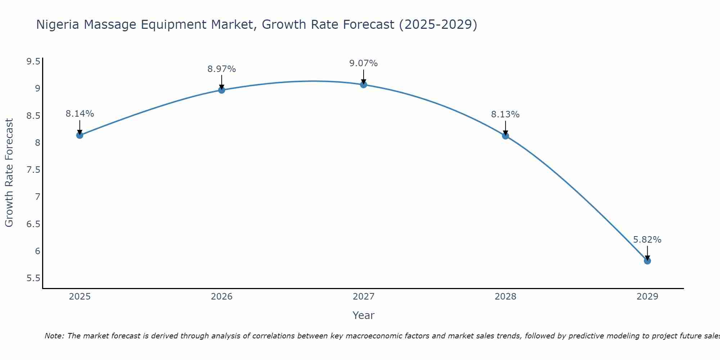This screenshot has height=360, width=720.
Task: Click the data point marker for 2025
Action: point(80,135)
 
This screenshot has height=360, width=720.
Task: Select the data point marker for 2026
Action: point(222,90)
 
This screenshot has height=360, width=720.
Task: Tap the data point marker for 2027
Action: point(364,85)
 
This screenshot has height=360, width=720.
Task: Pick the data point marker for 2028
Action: point(505,136)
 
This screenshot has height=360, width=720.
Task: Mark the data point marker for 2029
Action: point(647,261)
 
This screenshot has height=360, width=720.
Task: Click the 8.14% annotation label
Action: point(80,114)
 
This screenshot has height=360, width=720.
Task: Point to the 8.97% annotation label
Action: point(222,69)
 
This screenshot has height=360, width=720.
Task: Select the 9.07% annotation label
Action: point(364,63)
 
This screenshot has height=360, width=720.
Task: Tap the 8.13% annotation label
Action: point(505,114)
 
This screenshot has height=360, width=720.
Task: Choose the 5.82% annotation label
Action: point(647,240)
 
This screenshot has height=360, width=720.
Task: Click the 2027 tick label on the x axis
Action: point(364,297)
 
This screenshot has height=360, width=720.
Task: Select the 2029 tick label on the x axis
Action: point(647,297)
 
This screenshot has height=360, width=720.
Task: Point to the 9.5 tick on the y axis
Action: point(33,62)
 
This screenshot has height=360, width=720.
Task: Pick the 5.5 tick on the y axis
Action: point(33,278)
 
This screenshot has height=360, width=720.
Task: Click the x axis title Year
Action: point(364,315)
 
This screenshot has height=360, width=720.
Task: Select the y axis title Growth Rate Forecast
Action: point(9,173)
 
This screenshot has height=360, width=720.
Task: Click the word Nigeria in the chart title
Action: point(58,24)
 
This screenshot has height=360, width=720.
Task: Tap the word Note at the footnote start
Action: point(54,336)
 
